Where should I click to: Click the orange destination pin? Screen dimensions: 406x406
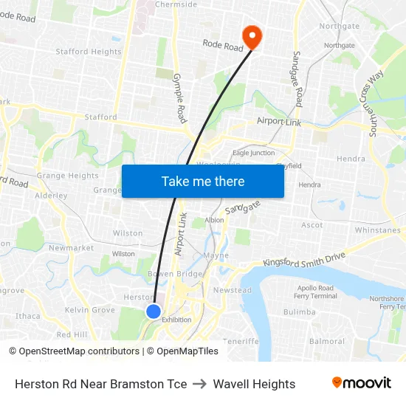252,35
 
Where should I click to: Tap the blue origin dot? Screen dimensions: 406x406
154,312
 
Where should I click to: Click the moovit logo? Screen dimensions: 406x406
362,383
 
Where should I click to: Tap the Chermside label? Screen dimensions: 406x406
176,4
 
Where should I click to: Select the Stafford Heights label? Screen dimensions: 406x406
89,52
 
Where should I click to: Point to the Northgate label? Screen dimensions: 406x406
340,26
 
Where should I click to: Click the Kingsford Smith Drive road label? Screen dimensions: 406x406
304,258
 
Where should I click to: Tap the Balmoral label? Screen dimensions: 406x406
327,341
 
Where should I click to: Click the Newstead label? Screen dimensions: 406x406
233,290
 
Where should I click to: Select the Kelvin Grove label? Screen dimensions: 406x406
90,310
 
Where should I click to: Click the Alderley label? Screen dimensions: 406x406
51,196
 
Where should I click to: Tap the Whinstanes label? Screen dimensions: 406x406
377,230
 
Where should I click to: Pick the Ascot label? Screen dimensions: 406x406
312,224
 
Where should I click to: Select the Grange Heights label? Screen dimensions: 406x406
67,176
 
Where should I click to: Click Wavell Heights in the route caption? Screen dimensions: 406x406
254,384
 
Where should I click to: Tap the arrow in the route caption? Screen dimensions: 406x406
200,384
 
